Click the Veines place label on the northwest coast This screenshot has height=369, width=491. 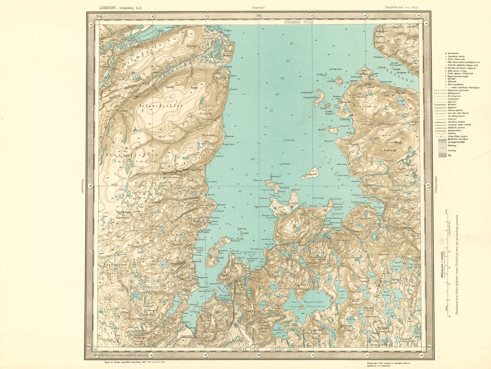click(x=227, y=30)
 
